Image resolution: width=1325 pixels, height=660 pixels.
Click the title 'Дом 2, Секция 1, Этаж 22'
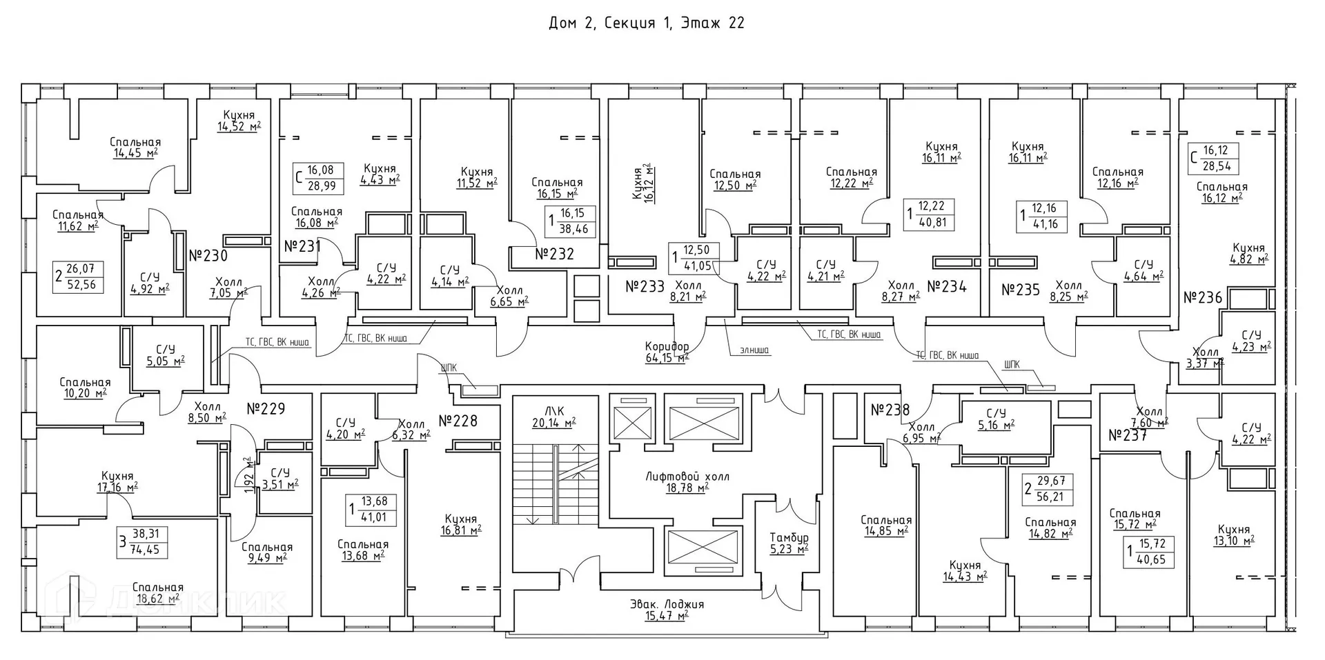coord(646,23)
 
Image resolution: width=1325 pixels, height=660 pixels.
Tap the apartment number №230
coord(208,257)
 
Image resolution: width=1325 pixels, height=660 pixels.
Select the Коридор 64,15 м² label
coord(667,352)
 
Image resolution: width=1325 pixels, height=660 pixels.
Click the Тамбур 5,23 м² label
coord(789,543)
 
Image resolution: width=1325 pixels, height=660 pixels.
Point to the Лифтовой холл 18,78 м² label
coord(687,482)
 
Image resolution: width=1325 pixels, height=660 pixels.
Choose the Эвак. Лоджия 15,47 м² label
coord(667,610)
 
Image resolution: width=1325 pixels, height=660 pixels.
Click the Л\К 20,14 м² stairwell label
coord(553,416)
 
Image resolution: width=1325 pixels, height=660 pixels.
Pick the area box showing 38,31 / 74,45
coord(143,541)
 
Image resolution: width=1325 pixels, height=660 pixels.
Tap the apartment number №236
coord(1202,298)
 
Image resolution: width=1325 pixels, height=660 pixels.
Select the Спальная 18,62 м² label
coord(158,593)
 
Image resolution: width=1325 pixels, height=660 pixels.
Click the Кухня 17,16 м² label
coord(117,481)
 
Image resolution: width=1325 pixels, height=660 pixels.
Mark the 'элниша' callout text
coord(754,350)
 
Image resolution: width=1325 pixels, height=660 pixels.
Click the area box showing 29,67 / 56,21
coord(1049,489)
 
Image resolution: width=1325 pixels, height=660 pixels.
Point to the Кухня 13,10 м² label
coord(1233,535)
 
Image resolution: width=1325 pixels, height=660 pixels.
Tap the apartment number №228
coord(458,421)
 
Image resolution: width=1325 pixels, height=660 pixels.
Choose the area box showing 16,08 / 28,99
coord(318,177)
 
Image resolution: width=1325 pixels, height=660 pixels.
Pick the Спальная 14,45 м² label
coord(135,148)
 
